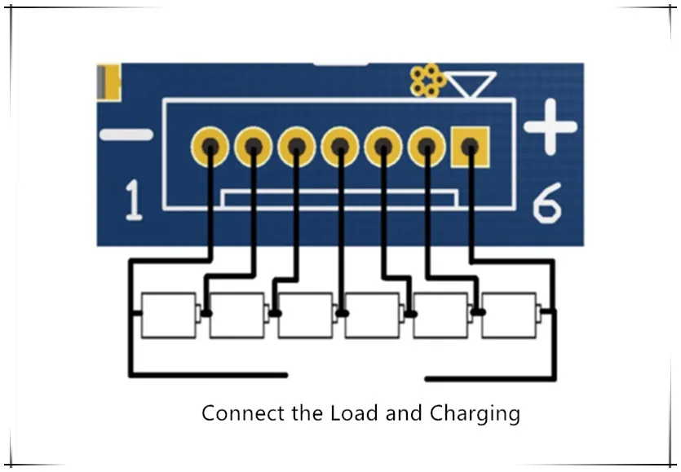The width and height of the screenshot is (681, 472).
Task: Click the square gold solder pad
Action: click(x=471, y=147)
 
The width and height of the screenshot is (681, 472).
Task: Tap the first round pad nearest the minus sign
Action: click(x=210, y=147)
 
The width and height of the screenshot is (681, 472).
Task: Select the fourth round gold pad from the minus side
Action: click(x=340, y=147)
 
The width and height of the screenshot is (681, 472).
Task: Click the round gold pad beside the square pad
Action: click(x=427, y=147)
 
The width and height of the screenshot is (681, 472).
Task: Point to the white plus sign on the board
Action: click(x=551, y=127)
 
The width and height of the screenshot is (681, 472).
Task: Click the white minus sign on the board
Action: click(x=126, y=135)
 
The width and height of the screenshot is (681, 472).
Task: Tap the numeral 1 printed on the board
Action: click(x=133, y=201)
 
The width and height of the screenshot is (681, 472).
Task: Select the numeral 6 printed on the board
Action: click(x=547, y=203)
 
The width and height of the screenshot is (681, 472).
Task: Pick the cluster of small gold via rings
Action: click(x=427, y=80)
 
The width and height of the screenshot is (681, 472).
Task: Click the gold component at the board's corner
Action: click(x=108, y=82)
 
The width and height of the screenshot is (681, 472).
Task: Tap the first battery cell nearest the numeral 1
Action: click(x=170, y=315)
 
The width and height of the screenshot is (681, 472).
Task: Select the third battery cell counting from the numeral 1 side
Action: click(x=306, y=315)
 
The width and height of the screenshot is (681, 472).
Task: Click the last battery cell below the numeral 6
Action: click(x=511, y=315)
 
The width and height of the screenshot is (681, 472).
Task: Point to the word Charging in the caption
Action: click(x=475, y=414)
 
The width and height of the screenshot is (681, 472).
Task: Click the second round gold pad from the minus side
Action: click(x=253, y=147)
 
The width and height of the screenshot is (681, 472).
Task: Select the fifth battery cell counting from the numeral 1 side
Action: click(x=443, y=315)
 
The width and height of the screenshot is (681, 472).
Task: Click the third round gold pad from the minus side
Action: click(x=297, y=147)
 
